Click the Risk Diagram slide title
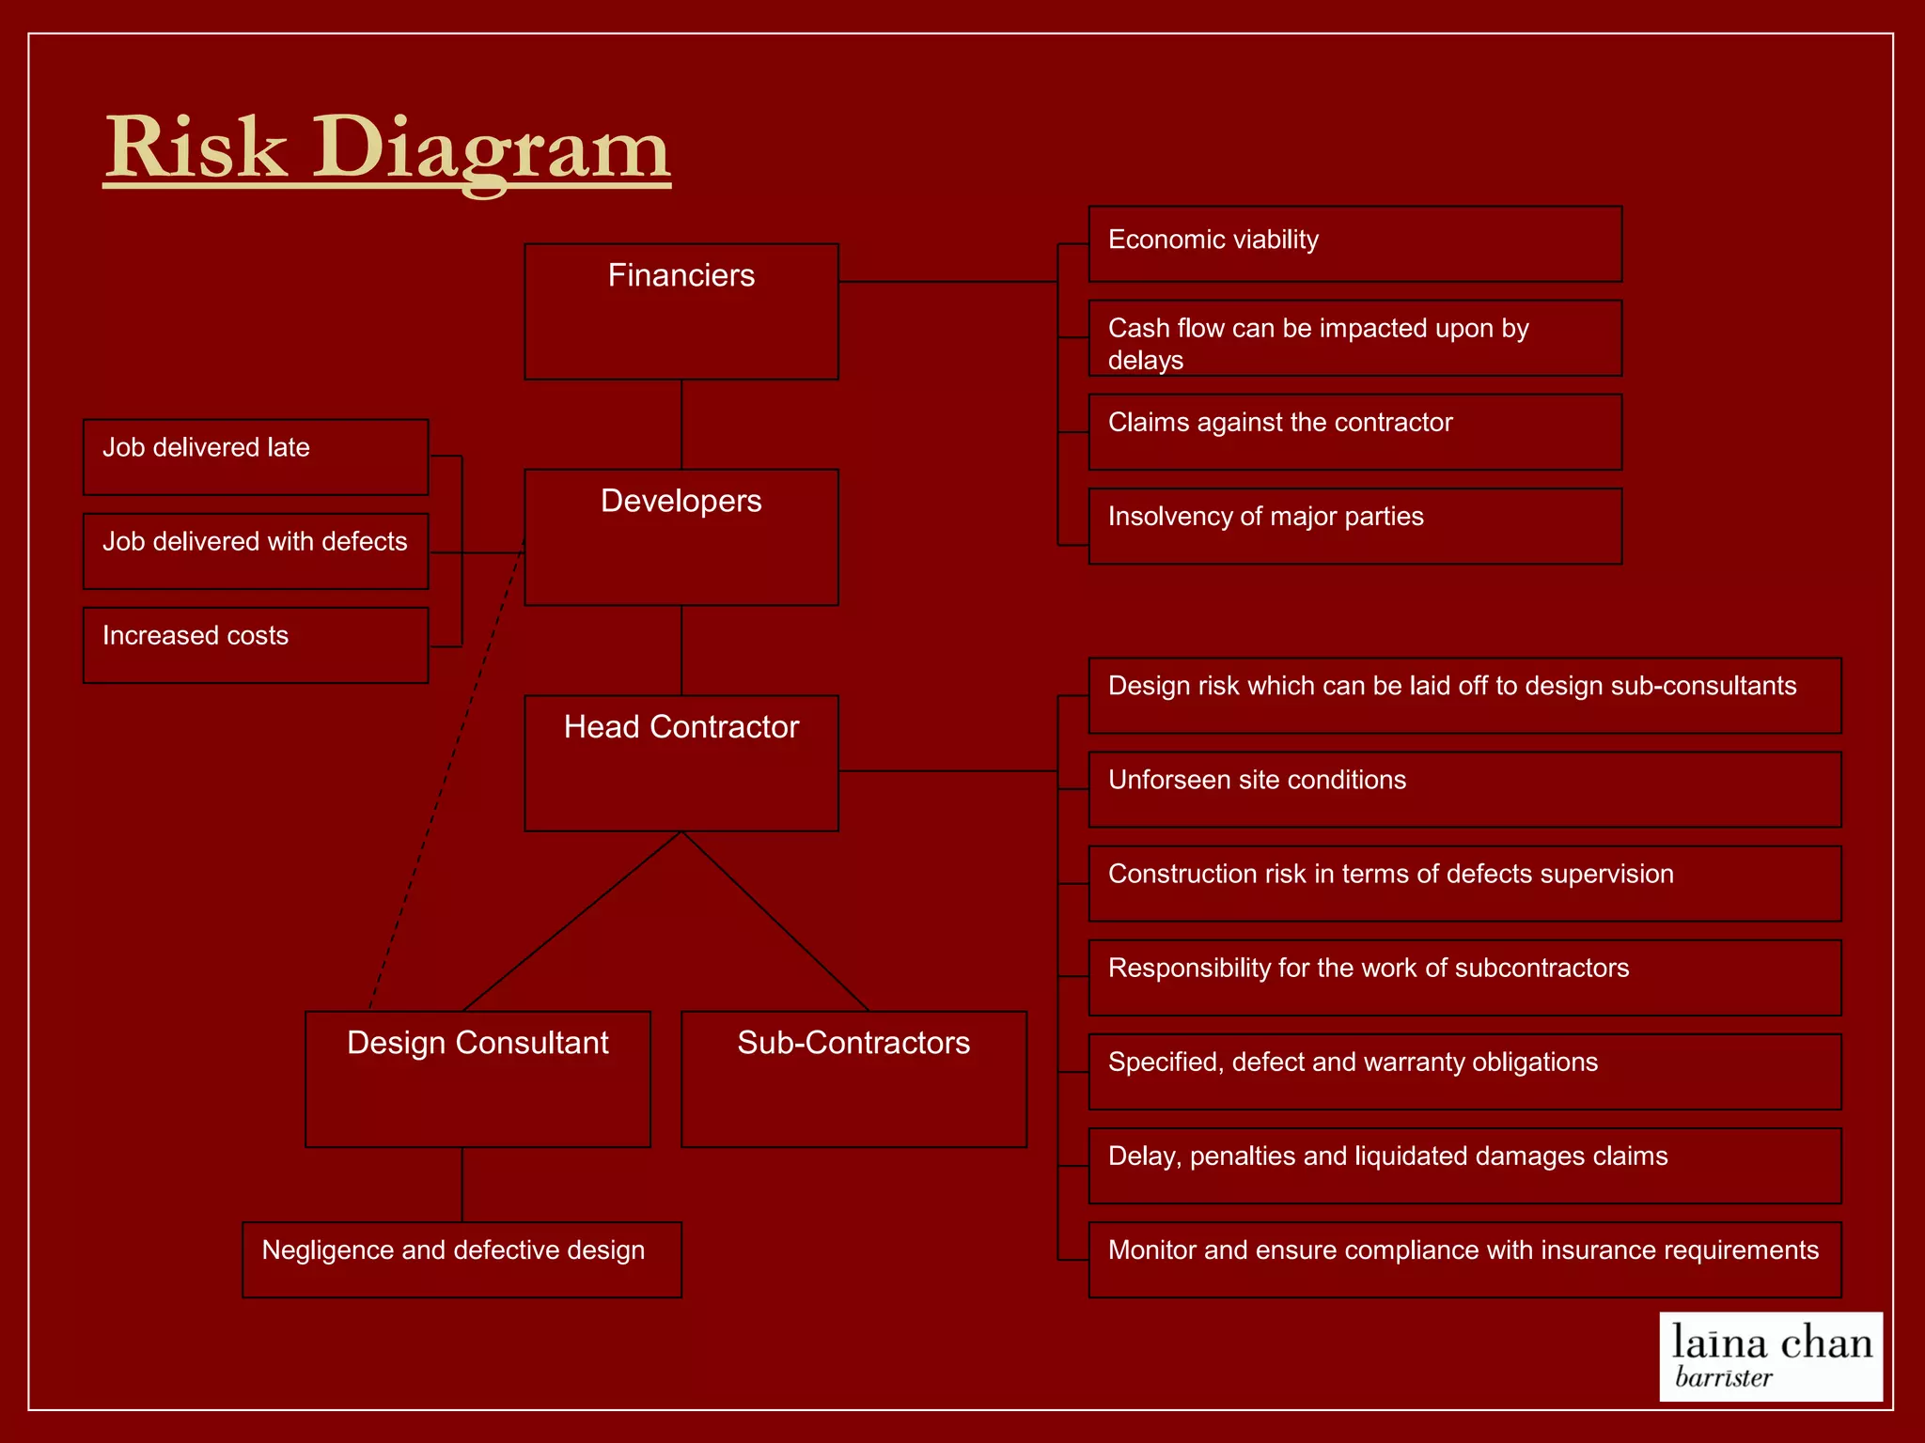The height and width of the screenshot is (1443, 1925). point(386,148)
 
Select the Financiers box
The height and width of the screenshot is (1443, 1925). point(681,312)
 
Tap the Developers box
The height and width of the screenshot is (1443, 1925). point(681,537)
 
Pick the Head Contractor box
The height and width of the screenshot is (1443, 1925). point(681,763)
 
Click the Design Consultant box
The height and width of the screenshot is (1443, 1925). point(477,1078)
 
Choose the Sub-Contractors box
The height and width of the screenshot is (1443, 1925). point(853,1078)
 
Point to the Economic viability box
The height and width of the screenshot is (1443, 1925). point(1354,244)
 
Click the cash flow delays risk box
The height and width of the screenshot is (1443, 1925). point(1354,338)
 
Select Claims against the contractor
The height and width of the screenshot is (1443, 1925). point(1354,432)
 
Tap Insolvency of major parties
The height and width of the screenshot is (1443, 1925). point(1354,526)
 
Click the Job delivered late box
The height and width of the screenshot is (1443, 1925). point(256,458)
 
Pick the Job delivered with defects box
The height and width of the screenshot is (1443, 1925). point(256,551)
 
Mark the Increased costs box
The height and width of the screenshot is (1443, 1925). point(256,645)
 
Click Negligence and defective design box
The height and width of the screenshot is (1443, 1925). point(462,1260)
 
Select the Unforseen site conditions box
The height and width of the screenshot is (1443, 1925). point(1464,789)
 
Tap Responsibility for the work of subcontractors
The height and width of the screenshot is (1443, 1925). point(1464,977)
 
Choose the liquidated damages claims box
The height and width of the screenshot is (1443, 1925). point(1464,1165)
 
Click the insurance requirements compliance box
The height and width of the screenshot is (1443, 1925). point(1464,1259)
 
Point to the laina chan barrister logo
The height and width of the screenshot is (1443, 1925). point(1771,1357)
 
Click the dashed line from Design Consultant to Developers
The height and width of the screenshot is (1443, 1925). point(447,776)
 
